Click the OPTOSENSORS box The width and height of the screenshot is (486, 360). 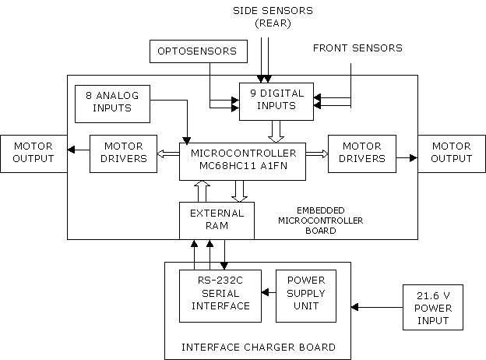(x=199, y=51)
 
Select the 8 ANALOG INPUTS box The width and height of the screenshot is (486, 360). (x=112, y=104)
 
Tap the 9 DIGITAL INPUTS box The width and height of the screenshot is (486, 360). (x=276, y=101)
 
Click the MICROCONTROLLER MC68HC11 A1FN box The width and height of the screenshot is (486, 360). (x=243, y=161)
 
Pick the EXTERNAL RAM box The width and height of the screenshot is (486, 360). (x=217, y=221)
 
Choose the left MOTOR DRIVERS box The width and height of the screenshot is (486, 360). (x=123, y=154)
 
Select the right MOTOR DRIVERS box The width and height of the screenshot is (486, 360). (x=362, y=154)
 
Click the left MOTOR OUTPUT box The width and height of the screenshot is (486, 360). (x=33, y=154)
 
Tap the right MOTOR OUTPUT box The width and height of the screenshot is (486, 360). (x=452, y=154)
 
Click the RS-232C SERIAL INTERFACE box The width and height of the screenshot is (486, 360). (x=220, y=296)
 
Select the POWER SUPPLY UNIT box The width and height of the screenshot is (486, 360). (x=306, y=296)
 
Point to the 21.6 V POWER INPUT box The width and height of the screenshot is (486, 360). (x=433, y=307)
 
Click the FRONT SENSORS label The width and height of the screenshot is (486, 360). (x=357, y=48)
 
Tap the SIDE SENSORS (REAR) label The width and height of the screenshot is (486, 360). (x=273, y=16)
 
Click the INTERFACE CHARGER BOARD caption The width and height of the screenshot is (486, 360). (x=259, y=347)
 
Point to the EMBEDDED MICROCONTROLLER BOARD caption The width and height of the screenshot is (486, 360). (x=320, y=221)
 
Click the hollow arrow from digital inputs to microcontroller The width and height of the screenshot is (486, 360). (x=276, y=132)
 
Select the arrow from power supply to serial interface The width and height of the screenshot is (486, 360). (x=269, y=292)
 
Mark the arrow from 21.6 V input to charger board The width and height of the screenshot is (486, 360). (x=377, y=307)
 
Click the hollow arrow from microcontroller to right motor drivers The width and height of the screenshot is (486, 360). (x=317, y=154)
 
